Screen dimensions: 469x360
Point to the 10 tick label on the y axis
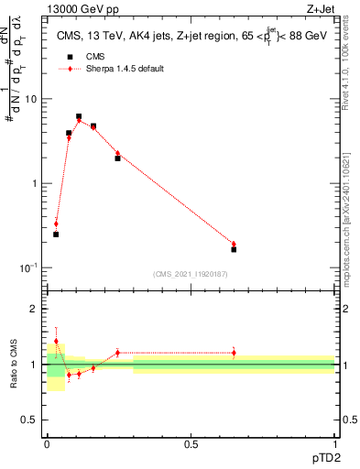pyautogui.click(x=30, y=99)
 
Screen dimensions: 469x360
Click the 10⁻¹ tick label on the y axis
pyautogui.click(x=28, y=267)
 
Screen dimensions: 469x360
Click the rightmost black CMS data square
pyautogui.click(x=234, y=249)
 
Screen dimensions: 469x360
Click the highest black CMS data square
pyautogui.click(x=79, y=116)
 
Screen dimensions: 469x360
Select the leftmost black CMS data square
pyautogui.click(x=56, y=234)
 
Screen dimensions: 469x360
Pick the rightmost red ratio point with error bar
pyautogui.click(x=234, y=353)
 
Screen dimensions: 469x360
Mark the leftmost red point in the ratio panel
pyautogui.click(x=56, y=341)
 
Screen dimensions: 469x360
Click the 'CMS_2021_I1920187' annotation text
pyautogui.click(x=191, y=273)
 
